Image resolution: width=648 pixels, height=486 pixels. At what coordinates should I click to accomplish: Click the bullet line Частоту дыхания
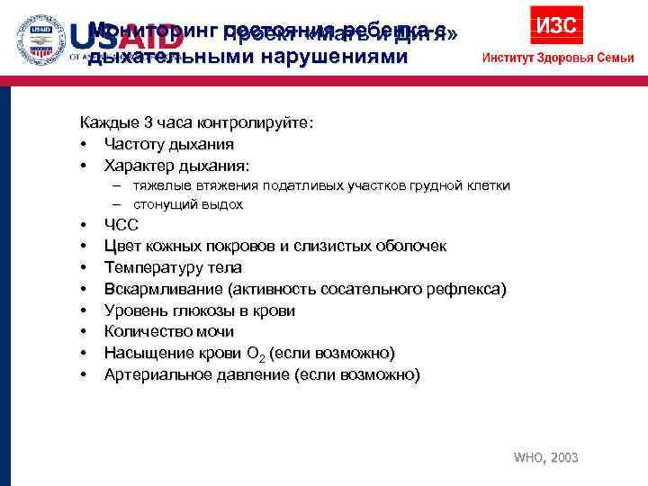[168, 144]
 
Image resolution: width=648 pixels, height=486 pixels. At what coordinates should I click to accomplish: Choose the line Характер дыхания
[177, 166]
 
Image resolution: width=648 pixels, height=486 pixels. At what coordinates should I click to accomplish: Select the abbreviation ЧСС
[121, 225]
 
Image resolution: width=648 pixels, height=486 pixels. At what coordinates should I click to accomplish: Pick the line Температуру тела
[173, 267]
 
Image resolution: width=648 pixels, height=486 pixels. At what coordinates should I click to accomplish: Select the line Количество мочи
[168, 332]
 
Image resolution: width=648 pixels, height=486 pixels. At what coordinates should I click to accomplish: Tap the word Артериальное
[158, 374]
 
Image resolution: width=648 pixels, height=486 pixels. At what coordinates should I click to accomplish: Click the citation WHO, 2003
[545, 457]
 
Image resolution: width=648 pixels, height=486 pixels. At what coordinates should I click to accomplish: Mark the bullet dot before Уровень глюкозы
[83, 310]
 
